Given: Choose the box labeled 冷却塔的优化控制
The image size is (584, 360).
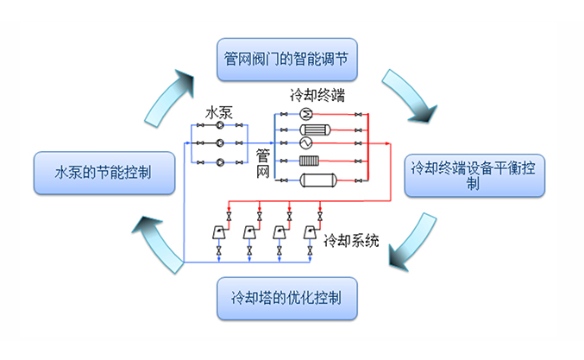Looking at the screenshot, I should point(285,297).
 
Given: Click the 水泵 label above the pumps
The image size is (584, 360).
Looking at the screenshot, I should point(217,111).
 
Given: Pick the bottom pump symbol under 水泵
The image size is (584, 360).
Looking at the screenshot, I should point(220,161).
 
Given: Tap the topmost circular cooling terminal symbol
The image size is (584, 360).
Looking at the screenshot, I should point(305,114).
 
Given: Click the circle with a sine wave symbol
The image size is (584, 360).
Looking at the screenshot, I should point(305,142).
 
